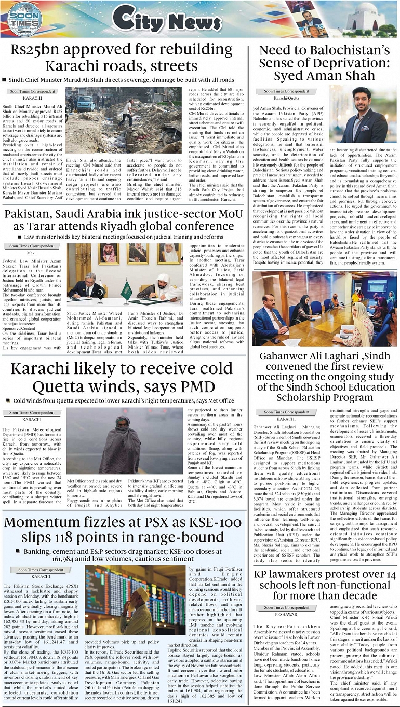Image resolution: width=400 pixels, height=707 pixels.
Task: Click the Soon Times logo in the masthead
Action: pos(23,19)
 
